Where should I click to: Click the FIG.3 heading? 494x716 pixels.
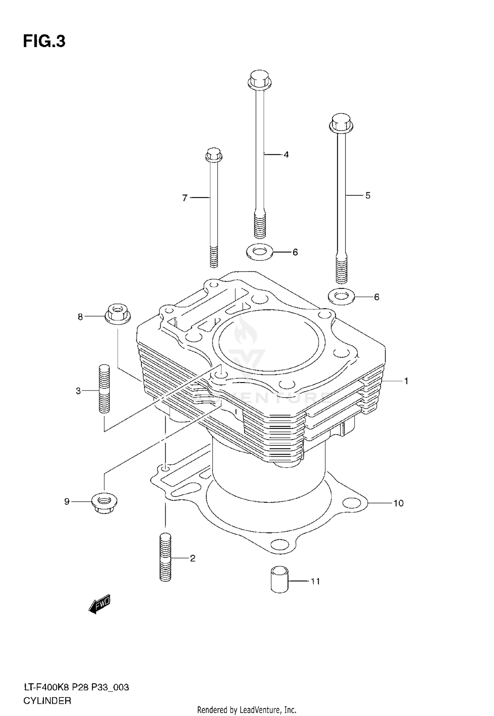point(44,42)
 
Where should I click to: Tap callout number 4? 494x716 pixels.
point(286,154)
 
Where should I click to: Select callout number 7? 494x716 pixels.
point(185,198)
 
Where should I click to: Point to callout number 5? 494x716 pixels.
point(368,195)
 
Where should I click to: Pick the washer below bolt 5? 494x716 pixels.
point(341,297)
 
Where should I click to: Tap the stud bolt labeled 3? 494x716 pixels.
point(104,389)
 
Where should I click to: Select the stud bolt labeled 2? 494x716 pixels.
point(165,558)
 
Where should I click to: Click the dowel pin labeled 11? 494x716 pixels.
point(279,580)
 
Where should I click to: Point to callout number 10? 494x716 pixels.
point(398,503)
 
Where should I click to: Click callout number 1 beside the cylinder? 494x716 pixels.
point(406,381)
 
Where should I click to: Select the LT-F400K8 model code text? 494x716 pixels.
point(46,687)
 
